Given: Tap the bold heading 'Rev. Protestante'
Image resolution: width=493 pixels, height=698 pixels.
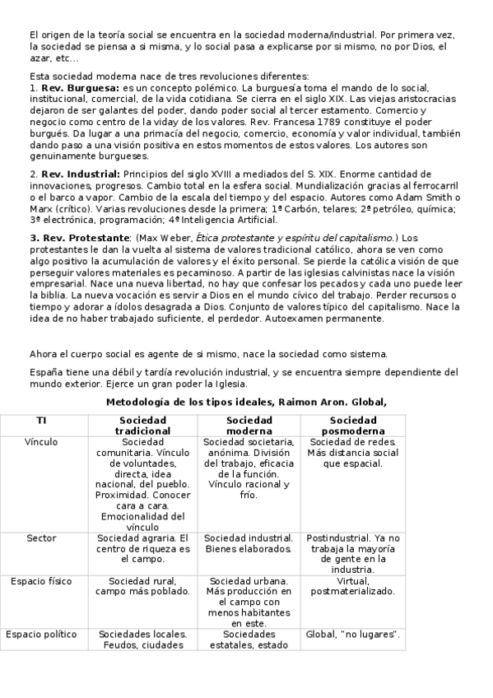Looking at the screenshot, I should [x=79, y=237].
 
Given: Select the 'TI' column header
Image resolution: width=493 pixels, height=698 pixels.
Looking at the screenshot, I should [x=41, y=420].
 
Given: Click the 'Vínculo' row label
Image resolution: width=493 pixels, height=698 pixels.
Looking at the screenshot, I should [x=41, y=441].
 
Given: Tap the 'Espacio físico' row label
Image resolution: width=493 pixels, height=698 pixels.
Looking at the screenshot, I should [x=41, y=581].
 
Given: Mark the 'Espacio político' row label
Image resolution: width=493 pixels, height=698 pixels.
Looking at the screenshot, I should [x=41, y=634].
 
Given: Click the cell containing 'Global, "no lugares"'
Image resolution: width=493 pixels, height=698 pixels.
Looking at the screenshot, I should [x=352, y=634].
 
